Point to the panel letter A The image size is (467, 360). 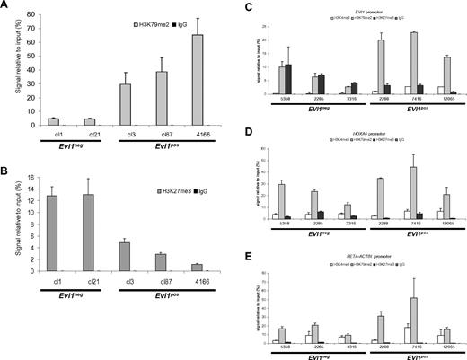6,7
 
